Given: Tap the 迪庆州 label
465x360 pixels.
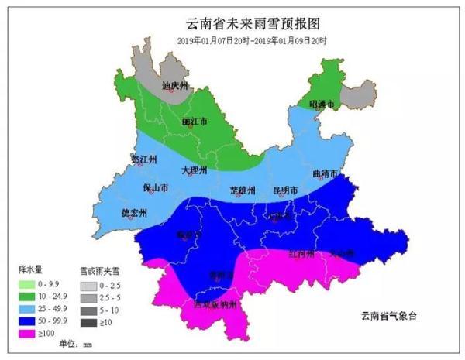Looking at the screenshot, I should pos(175,87).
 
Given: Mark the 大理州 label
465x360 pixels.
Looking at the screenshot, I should pos(194,170).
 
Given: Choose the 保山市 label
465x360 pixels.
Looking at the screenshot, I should pos(156,188).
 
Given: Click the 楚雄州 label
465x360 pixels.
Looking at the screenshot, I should pos(243,190).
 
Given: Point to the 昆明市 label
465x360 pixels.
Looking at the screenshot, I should pos(285,190).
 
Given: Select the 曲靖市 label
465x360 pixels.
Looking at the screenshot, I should pos(326,174).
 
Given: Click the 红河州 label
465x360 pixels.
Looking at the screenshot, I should pos(301,254).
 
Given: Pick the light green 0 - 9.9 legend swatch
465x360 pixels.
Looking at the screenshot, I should pos(32,285).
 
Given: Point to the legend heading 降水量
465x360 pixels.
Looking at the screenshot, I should pos(29,271).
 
